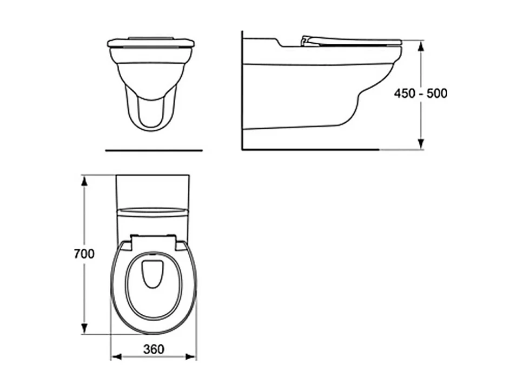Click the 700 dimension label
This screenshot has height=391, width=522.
pyautogui.click(x=84, y=254)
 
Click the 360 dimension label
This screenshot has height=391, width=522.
pyautogui.click(x=154, y=349)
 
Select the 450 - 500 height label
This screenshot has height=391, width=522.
pyautogui.click(x=420, y=93)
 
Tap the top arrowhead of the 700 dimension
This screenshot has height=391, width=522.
pyautogui.click(x=84, y=180)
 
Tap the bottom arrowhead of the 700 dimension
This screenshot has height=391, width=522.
pyautogui.click(x=84, y=328)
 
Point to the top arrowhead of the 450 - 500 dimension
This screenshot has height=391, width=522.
pyautogui.click(x=421, y=45)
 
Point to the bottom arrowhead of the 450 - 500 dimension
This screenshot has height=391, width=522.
pyautogui.click(x=421, y=143)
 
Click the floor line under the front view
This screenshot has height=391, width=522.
pyautogui.click(x=154, y=150)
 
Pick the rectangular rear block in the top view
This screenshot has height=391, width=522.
pyautogui.click(x=153, y=190)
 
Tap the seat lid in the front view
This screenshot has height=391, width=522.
pyautogui.click(x=151, y=42)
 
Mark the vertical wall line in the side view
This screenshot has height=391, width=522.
pyautogui.click(x=242, y=92)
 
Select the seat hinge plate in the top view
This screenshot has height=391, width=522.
pyautogui.click(x=154, y=241)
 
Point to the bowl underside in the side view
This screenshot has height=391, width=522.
pyautogui.click(x=303, y=125)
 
